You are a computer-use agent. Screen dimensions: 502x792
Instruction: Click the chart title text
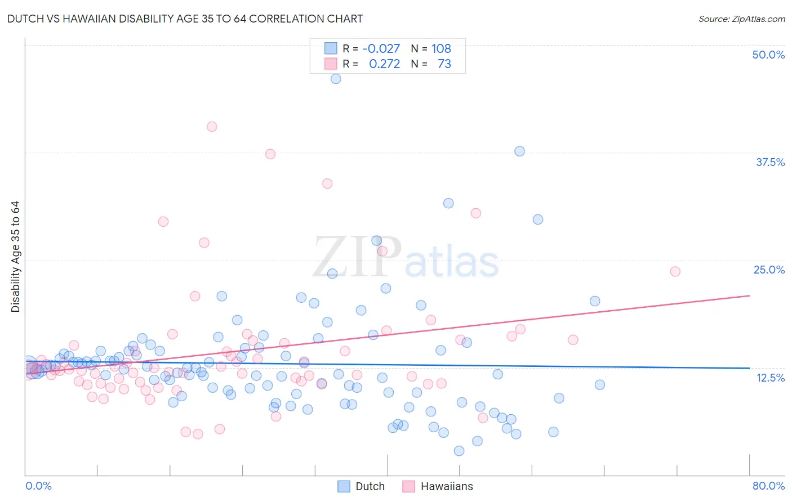coord(185,19)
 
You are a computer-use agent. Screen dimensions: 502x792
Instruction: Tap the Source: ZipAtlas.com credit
coord(741,19)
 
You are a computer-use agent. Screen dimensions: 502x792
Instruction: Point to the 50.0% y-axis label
coord(768,55)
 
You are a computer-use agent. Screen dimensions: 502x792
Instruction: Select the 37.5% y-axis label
coord(770,162)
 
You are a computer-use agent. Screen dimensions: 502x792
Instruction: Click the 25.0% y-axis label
coord(769,270)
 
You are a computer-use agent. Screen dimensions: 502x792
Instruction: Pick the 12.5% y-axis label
coord(770,377)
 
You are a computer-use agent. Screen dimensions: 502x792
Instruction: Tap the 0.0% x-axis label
coord(38,486)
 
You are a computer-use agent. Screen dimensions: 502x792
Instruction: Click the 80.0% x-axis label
coord(768,486)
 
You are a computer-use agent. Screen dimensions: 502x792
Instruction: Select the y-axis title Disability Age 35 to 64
coord(15,257)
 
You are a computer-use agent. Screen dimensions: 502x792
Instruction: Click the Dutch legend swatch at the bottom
coord(344,486)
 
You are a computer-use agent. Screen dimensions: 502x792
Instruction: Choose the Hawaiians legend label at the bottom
coord(447,486)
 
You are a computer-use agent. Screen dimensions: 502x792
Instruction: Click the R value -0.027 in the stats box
coord(381,48)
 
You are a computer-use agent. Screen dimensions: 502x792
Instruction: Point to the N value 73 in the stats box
coord(444,64)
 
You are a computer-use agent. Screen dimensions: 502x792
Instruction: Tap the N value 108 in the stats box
coord(441,48)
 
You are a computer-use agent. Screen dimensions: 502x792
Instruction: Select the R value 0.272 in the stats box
coord(384,64)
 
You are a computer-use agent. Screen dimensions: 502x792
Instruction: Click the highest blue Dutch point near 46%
coord(336,79)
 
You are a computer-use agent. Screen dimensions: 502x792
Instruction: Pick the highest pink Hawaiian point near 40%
coord(212,127)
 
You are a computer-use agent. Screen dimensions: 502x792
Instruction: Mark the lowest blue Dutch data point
coord(459,451)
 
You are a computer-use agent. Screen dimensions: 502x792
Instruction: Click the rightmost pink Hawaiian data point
coord(675,271)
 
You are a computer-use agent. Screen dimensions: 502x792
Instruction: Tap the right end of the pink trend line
coord(749,295)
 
